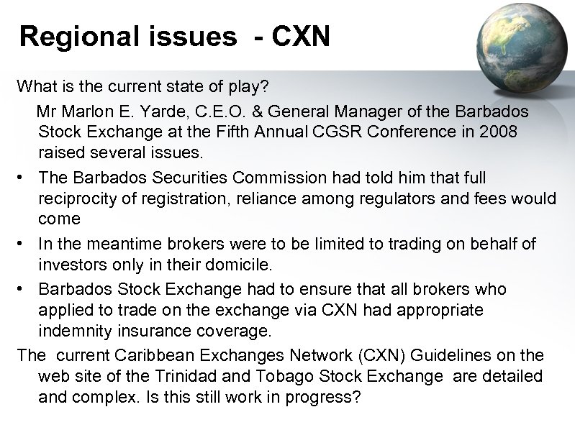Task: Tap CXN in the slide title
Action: pyautogui.click(x=298, y=36)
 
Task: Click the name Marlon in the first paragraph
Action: pyautogui.click(x=93, y=114)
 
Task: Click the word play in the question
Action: pyautogui.click(x=250, y=86)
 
